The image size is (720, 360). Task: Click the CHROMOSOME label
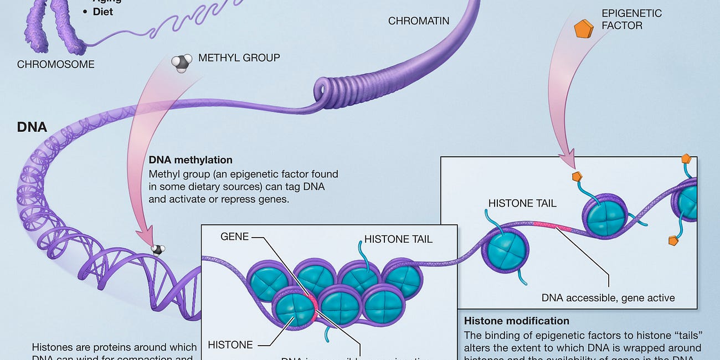pos(55,64)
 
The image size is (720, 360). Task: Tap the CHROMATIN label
pos(418,21)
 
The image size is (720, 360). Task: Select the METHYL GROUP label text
pos(239,58)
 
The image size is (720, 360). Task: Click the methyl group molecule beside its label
pos(181,63)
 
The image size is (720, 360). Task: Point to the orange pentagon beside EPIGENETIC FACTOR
pos(583,29)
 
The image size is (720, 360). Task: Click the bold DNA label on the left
pos(32,127)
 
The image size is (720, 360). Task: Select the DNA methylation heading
pos(191,160)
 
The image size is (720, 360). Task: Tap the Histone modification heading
pos(516,321)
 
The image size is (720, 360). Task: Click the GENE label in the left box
pos(234,236)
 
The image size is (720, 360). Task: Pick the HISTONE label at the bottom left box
pos(230,344)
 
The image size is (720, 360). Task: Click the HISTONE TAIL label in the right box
pos(522,203)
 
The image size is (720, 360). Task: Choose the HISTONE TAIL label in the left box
pos(398,239)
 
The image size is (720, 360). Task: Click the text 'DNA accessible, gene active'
pos(608,298)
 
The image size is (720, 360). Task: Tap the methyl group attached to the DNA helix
pos(158,250)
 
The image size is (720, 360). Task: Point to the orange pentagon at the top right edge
pos(686,158)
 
